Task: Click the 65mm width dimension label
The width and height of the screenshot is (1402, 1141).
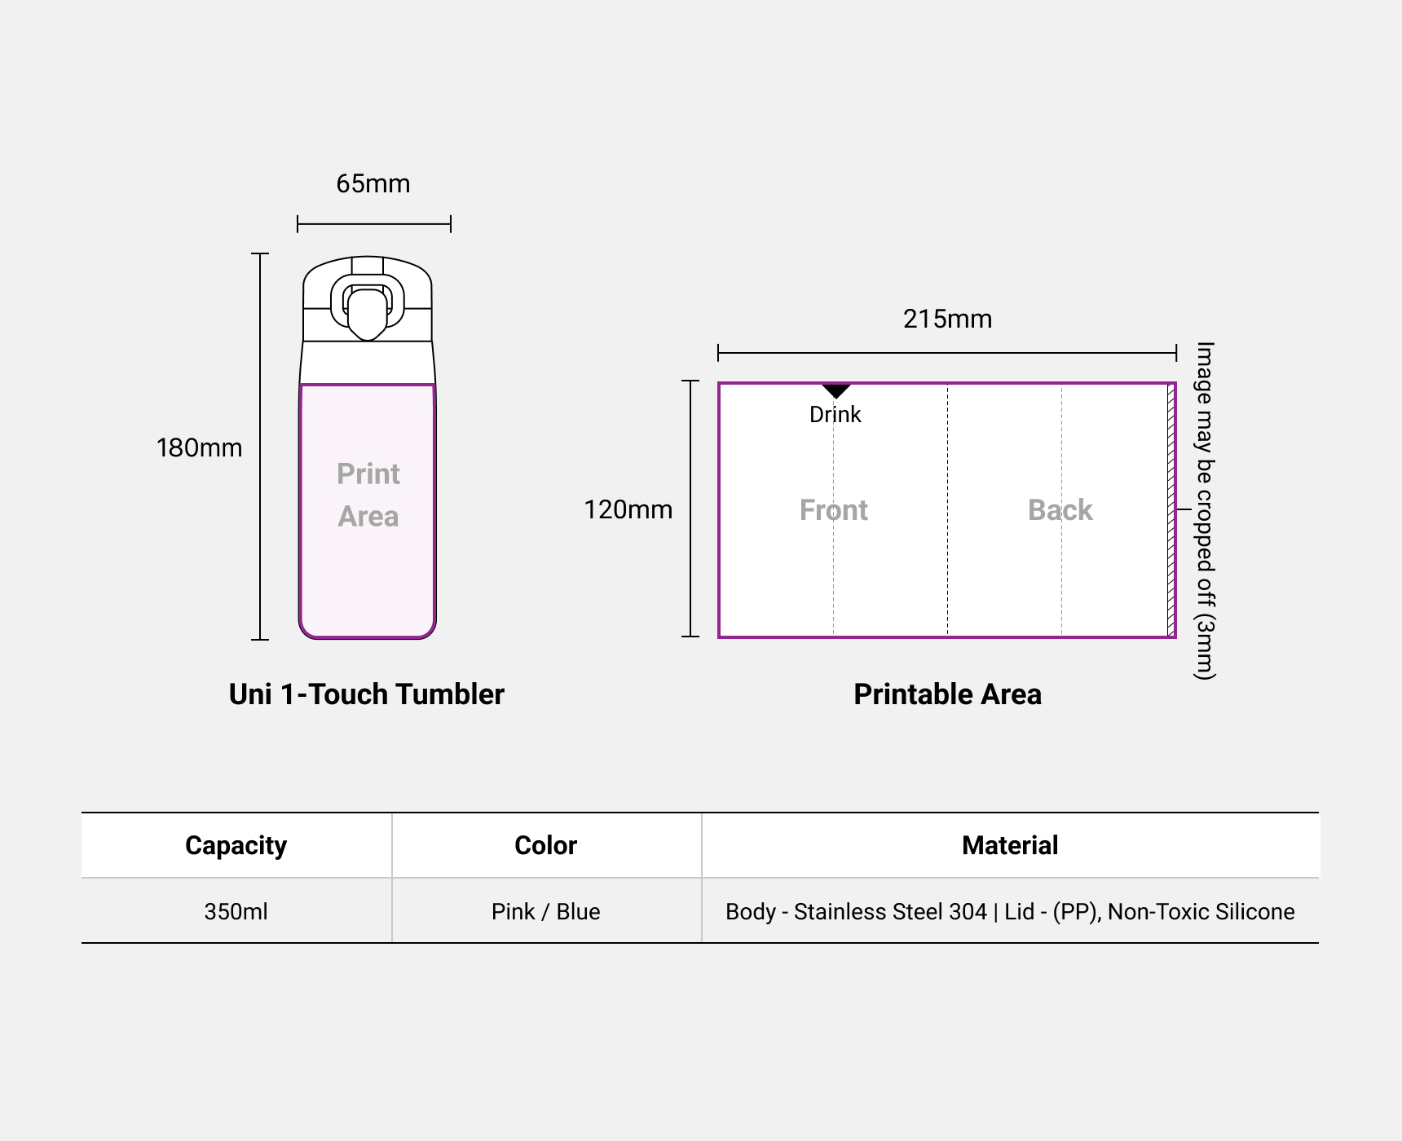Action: [x=373, y=184]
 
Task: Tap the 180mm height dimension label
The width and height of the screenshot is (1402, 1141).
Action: [x=199, y=448]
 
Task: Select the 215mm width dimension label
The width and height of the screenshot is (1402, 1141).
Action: [x=947, y=319]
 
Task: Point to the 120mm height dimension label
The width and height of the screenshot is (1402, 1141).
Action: [x=628, y=510]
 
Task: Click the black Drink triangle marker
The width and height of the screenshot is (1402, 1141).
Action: [x=835, y=390]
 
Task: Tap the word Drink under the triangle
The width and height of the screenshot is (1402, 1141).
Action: [x=835, y=415]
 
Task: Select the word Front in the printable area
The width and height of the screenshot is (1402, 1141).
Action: [x=833, y=510]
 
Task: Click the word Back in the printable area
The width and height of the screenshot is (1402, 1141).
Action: [x=1060, y=510]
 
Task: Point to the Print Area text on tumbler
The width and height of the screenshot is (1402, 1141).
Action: [x=368, y=495]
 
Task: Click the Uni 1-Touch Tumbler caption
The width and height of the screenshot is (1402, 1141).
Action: [x=367, y=694]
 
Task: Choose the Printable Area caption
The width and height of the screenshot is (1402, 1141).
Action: [x=947, y=694]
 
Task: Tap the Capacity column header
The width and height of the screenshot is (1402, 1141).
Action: [x=236, y=845]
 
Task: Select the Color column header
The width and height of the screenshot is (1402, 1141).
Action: [x=545, y=845]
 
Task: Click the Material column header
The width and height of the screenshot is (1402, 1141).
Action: [x=1010, y=845]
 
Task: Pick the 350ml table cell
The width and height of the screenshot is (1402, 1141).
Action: [x=236, y=911]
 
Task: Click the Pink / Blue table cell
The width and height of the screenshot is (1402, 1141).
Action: [x=545, y=911]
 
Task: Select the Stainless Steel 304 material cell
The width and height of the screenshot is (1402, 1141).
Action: [x=1010, y=911]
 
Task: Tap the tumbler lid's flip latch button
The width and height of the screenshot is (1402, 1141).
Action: [x=367, y=312]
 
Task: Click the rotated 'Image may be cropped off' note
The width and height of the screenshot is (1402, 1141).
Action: [x=1205, y=510]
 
